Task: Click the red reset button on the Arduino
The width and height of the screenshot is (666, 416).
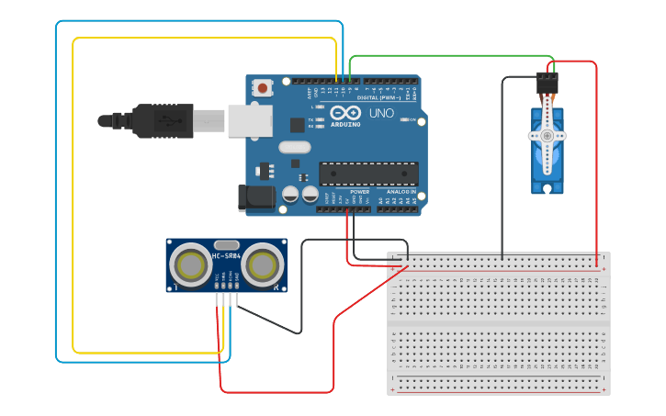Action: coord(264,88)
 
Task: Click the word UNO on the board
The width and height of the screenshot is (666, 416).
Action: coord(381,114)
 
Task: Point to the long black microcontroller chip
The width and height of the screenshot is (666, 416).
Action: coord(368,172)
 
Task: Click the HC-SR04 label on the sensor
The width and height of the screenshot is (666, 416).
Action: coord(227,255)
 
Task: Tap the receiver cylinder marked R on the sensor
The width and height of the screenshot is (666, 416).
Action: coord(263,265)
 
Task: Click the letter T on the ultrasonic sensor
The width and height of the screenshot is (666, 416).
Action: coord(172,287)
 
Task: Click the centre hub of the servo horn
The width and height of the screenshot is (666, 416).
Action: coord(547,135)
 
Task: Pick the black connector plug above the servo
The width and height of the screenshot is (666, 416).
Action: coord(547,83)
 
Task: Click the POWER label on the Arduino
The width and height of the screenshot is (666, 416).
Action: coord(359,192)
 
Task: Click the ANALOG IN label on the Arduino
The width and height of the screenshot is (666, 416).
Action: coord(401,192)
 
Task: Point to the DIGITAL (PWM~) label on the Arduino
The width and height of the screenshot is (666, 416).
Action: coord(379,96)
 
